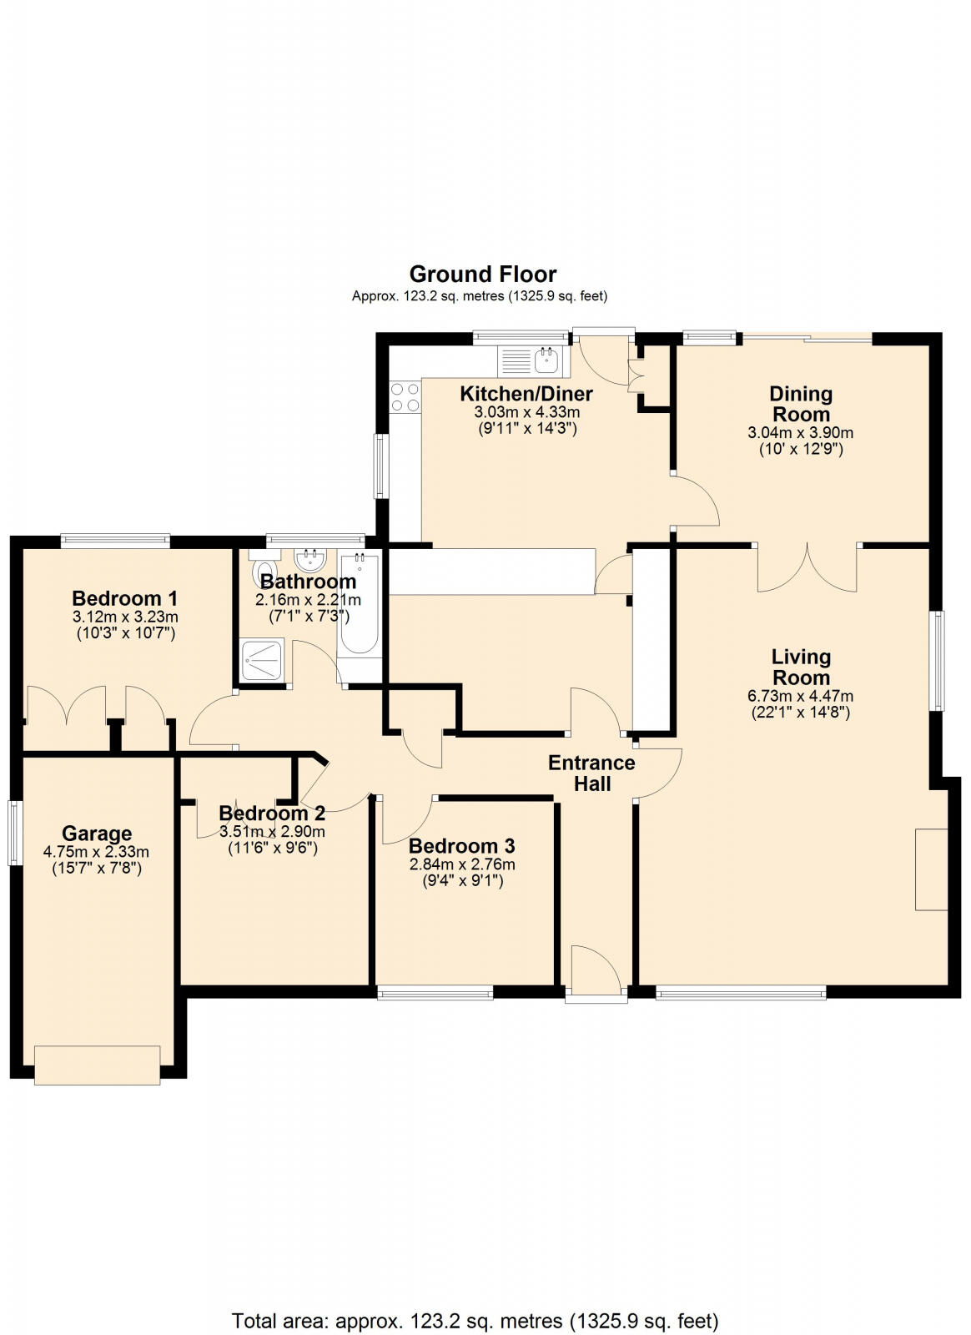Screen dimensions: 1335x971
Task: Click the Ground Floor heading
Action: click(x=482, y=274)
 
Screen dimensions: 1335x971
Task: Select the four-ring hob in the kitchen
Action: click(x=405, y=396)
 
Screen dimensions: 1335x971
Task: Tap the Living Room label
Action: click(x=800, y=667)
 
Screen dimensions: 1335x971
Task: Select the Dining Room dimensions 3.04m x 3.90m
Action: click(x=800, y=433)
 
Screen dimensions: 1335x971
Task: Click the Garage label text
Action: click(x=97, y=834)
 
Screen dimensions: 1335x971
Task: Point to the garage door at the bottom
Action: click(x=97, y=1065)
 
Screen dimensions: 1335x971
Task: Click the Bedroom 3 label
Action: click(x=461, y=846)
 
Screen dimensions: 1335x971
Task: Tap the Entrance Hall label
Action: click(x=591, y=773)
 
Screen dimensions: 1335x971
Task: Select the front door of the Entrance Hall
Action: click(x=596, y=972)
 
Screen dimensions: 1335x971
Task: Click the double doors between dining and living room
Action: click(x=807, y=569)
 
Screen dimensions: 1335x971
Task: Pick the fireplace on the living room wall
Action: click(x=931, y=869)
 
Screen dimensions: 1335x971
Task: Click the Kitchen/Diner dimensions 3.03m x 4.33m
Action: click(x=526, y=412)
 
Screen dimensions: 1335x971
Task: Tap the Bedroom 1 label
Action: click(x=124, y=598)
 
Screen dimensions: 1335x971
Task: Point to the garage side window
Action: click(x=13, y=832)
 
